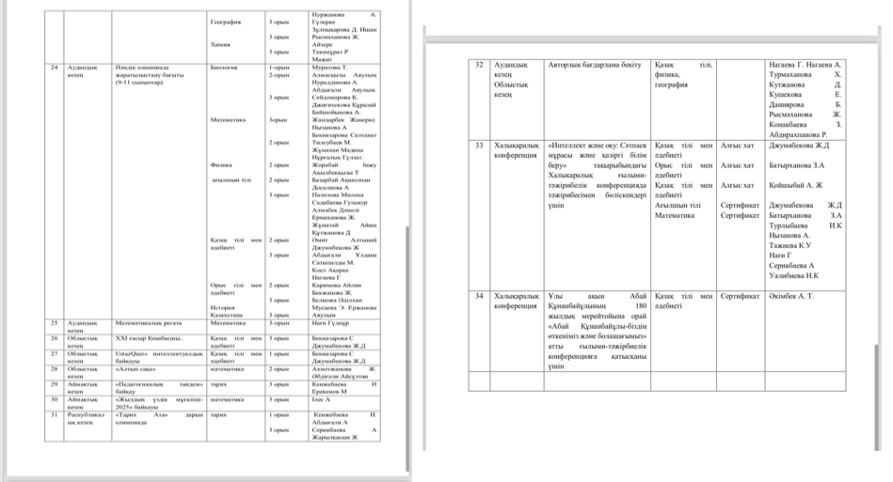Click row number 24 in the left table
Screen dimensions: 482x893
56,68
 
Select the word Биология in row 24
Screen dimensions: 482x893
224,68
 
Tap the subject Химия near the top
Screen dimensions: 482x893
220,44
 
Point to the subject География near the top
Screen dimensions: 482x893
226,20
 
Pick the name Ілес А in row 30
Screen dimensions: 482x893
324,399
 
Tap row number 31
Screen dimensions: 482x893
56,414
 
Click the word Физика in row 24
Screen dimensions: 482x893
222,163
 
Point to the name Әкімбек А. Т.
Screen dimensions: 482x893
792,296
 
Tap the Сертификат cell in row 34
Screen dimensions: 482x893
739,296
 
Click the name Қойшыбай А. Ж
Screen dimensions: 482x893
796,185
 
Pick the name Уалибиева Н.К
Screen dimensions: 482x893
793,276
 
